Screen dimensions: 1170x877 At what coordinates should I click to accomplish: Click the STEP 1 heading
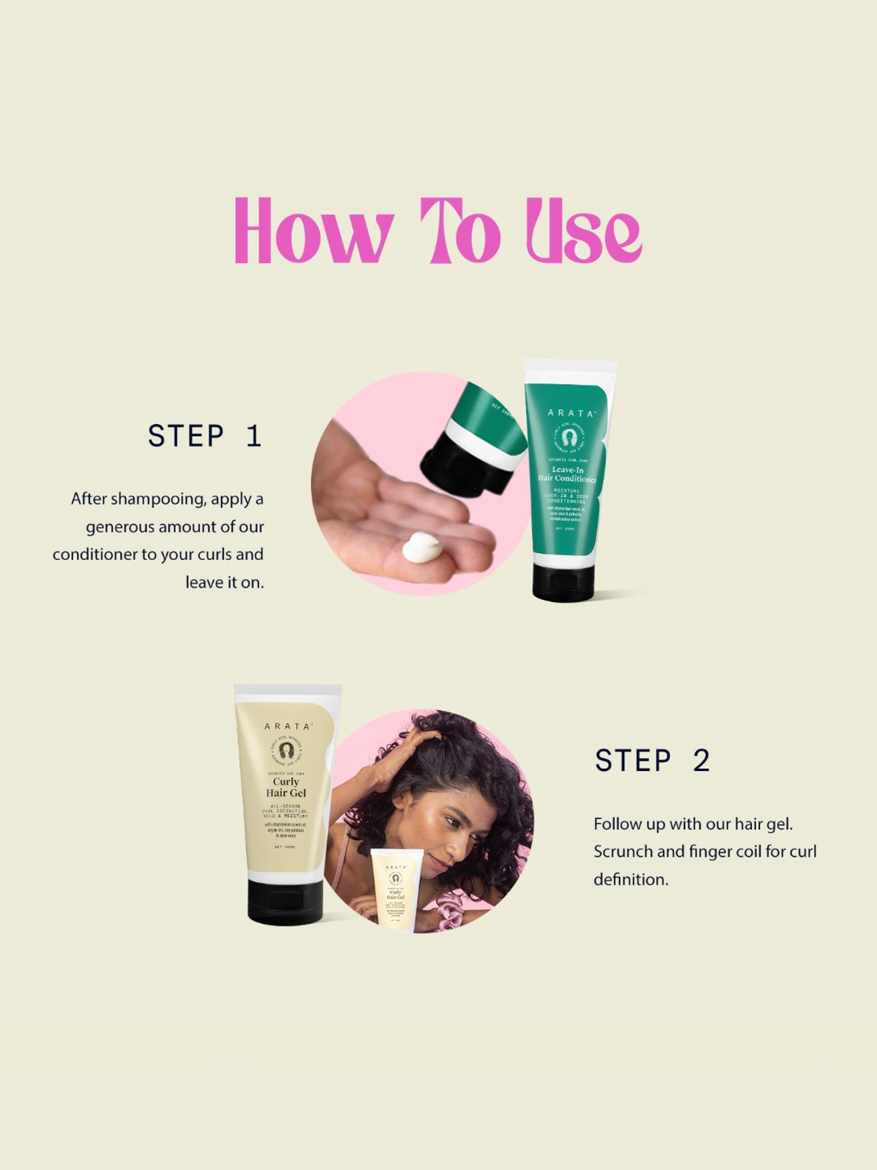coord(205,436)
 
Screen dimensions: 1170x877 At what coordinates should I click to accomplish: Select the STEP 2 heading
coord(652,760)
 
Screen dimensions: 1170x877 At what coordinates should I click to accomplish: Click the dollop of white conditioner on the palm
coord(422,547)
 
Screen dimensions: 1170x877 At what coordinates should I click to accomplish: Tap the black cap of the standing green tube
coord(562,582)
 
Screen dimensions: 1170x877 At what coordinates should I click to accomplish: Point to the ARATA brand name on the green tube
coord(571,413)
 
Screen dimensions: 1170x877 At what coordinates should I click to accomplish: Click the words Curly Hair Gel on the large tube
coord(286,787)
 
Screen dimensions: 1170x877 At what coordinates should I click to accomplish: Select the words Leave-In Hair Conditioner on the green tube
coord(568,474)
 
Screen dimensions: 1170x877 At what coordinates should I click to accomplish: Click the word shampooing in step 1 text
coord(157,499)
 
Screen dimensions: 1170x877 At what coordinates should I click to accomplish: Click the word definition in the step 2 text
coord(630,880)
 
